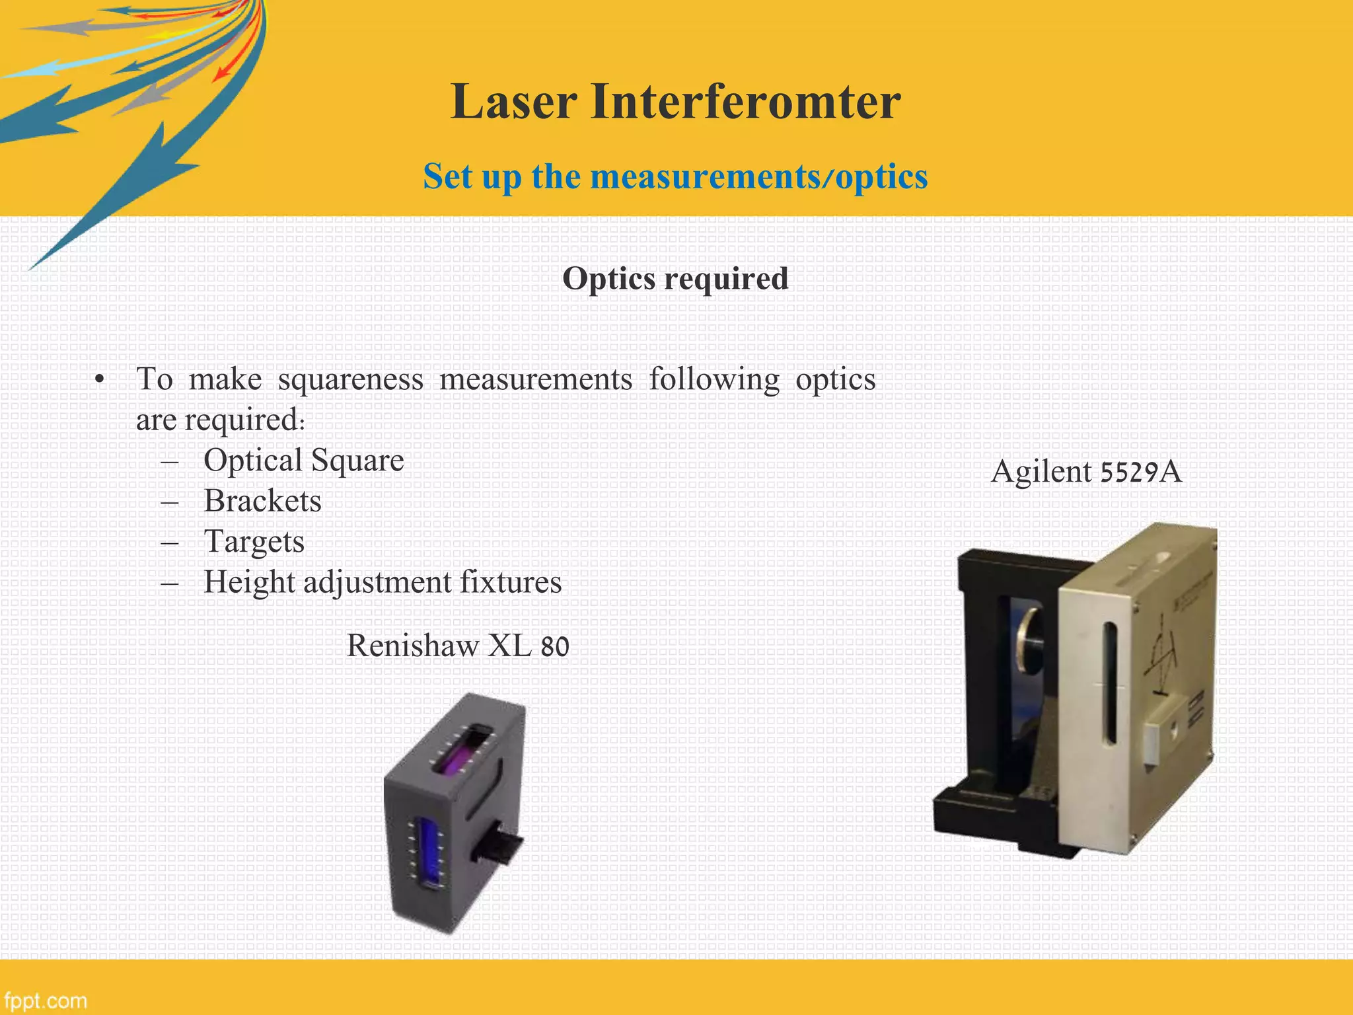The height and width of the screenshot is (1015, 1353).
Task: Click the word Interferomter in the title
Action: click(x=745, y=102)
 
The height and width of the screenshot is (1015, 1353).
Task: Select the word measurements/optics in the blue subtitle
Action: click(x=758, y=177)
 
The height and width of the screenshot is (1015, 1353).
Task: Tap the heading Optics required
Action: click(x=675, y=278)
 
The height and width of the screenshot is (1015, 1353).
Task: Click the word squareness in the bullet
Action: click(x=350, y=379)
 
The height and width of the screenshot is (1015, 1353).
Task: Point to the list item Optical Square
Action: click(x=303, y=460)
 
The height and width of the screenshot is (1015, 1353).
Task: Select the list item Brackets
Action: click(x=262, y=501)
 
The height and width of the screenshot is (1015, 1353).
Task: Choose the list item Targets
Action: click(x=254, y=541)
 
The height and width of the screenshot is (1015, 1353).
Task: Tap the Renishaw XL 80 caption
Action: click(x=457, y=646)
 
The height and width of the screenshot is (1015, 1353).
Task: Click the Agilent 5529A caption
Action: click(x=1086, y=472)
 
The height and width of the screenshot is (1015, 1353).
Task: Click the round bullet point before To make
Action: click(x=99, y=380)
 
